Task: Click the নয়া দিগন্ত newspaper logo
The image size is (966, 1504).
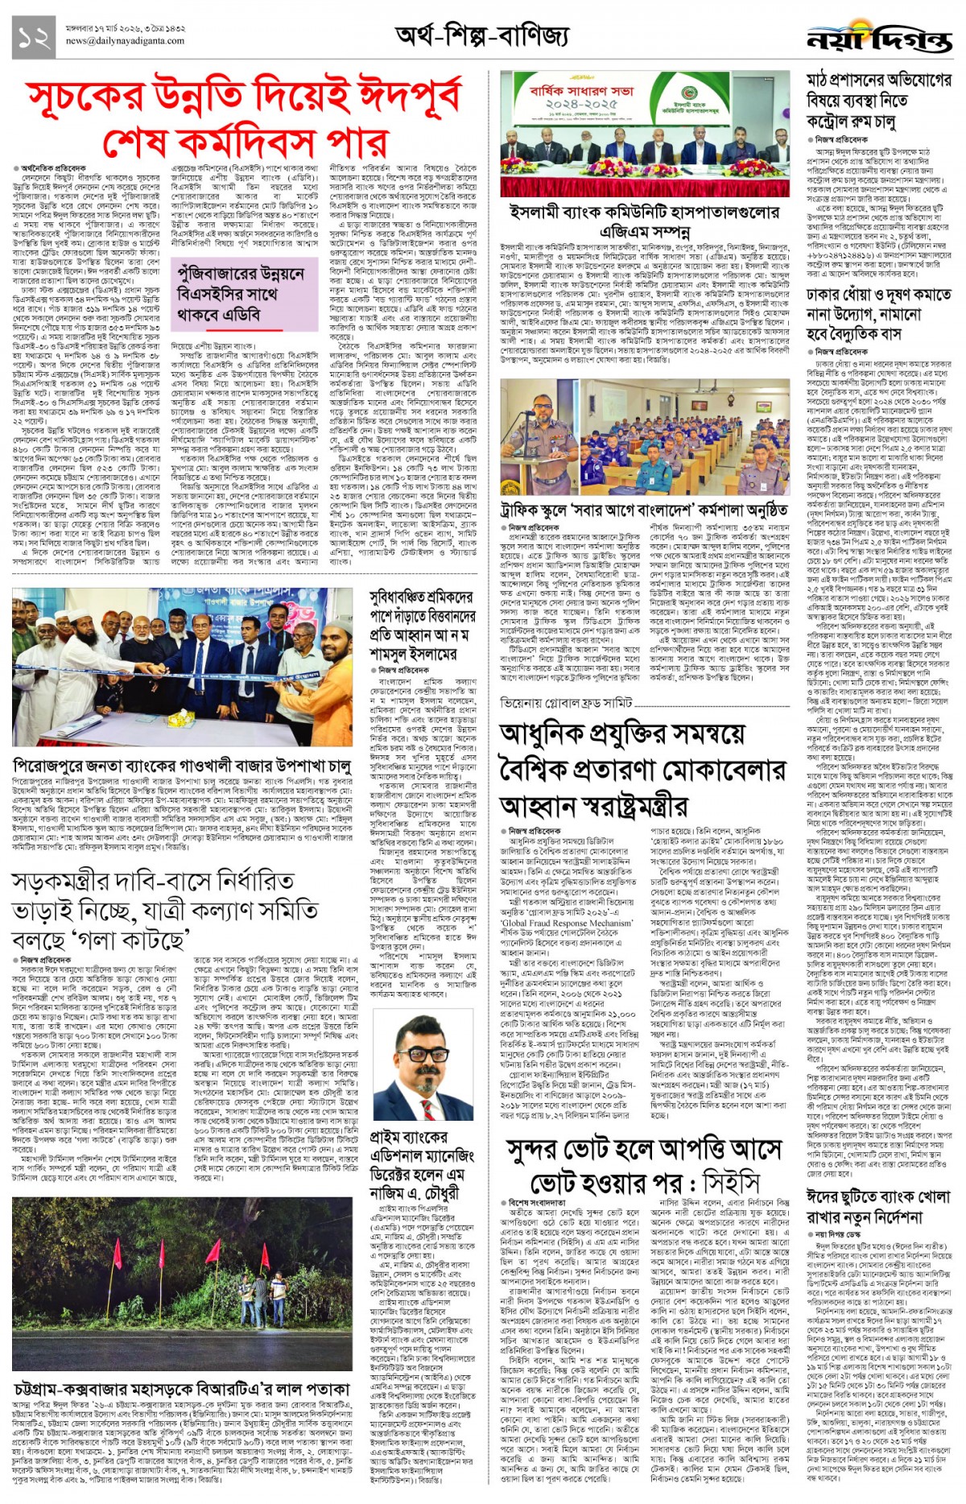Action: pos(879,38)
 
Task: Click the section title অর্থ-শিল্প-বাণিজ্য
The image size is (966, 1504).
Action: pos(481,35)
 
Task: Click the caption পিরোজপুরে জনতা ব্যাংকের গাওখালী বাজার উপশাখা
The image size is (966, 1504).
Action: pos(182,766)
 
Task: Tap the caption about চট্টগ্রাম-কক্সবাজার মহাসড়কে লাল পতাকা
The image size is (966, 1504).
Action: pos(182,1390)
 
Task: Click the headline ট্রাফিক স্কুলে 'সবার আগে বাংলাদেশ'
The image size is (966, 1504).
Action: pos(644,510)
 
